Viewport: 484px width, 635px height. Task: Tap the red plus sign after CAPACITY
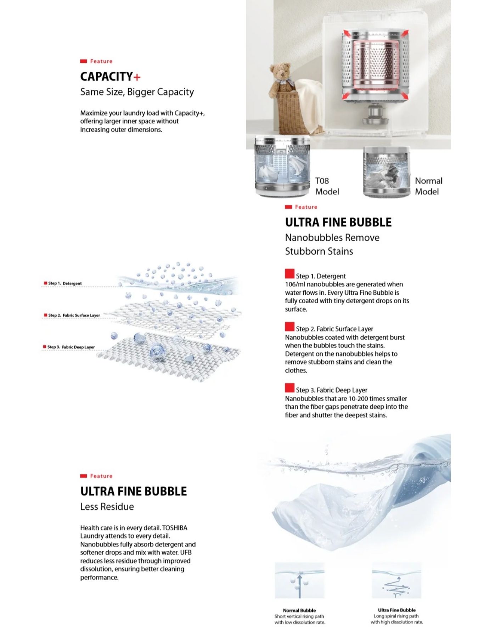(137, 77)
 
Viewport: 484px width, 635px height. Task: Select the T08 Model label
(327, 186)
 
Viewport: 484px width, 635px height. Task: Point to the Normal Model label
(428, 186)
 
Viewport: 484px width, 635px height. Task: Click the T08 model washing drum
(282, 165)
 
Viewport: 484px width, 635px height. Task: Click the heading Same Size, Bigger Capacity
(137, 92)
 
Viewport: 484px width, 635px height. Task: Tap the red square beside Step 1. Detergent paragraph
(289, 274)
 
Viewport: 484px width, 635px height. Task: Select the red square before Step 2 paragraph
(289, 326)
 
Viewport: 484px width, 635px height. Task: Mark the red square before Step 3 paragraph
(289, 387)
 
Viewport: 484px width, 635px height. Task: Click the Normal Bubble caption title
(299, 611)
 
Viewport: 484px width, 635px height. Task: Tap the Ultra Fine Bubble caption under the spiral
(396, 610)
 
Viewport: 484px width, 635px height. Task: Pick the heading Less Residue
(107, 507)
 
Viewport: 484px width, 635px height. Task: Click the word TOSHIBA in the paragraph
(175, 528)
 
